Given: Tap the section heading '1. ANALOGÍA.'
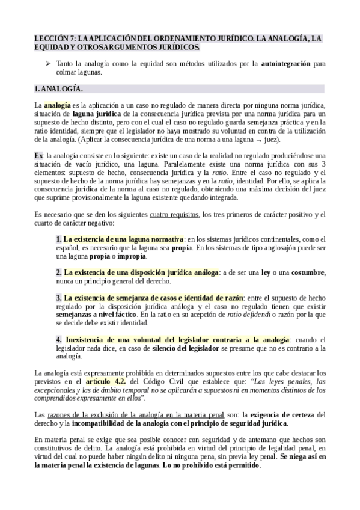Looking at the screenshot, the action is [x=58, y=89].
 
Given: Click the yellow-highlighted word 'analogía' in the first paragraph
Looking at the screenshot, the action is [x=58, y=105].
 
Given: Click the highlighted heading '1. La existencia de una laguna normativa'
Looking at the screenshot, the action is [x=120, y=231].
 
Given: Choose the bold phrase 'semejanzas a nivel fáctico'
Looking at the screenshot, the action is [x=96, y=314].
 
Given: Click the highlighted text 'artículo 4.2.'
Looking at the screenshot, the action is [x=106, y=381].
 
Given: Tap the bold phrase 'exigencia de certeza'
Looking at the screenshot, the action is [x=280, y=415].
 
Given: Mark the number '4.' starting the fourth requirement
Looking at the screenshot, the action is [x=59, y=339].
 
